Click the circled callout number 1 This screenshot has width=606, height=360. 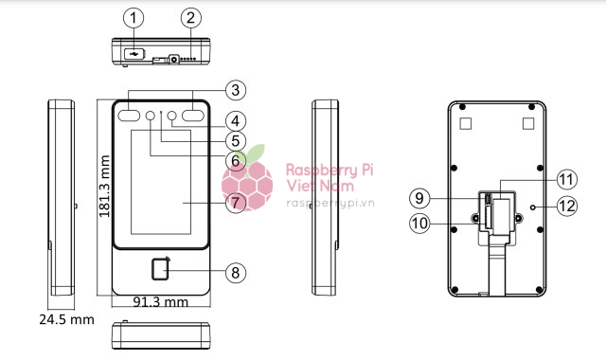tap(134, 18)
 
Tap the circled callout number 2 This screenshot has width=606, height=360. tap(191, 18)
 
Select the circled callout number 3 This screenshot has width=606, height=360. tap(236, 90)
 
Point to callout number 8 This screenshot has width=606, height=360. tap(236, 273)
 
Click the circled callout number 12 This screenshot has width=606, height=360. tap(567, 206)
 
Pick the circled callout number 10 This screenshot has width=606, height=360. tap(419, 224)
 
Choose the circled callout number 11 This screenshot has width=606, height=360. tap(567, 179)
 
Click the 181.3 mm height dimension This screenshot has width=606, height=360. tap(105, 186)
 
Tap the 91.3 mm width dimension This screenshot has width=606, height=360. tap(160, 302)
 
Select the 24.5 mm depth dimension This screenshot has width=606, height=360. tap(66, 319)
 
